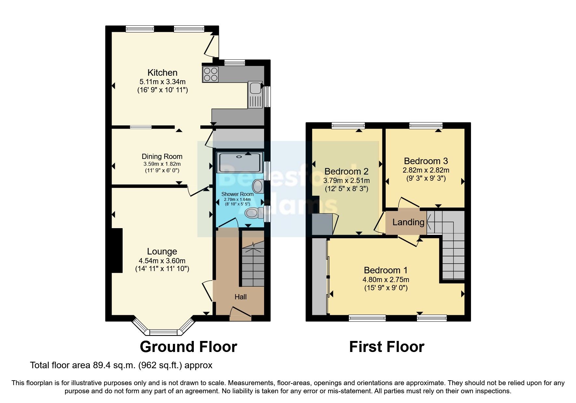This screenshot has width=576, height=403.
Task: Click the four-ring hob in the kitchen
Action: pos(210,74)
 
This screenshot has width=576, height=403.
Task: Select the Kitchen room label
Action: pos(162,72)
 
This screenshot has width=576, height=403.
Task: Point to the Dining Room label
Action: pos(162,157)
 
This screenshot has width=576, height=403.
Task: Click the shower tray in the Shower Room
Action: pos(240,162)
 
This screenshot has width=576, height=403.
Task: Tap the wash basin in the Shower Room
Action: pos(258,186)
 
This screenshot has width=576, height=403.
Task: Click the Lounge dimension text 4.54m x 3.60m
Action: pos(162,261)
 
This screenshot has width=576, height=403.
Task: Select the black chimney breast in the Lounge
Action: pos(117,251)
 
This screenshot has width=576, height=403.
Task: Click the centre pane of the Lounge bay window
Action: pos(164,332)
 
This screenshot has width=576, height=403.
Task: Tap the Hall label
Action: pos(241,297)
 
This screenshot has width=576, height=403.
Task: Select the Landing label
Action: pos(408,222)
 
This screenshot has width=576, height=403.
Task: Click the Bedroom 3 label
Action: pos(426,161)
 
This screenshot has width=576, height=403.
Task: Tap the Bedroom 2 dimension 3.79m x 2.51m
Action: pos(346,180)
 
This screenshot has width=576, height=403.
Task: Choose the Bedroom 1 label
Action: pos(385,270)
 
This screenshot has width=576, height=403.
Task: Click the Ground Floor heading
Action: pos(188,347)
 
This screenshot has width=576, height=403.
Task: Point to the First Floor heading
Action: pos(386,347)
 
